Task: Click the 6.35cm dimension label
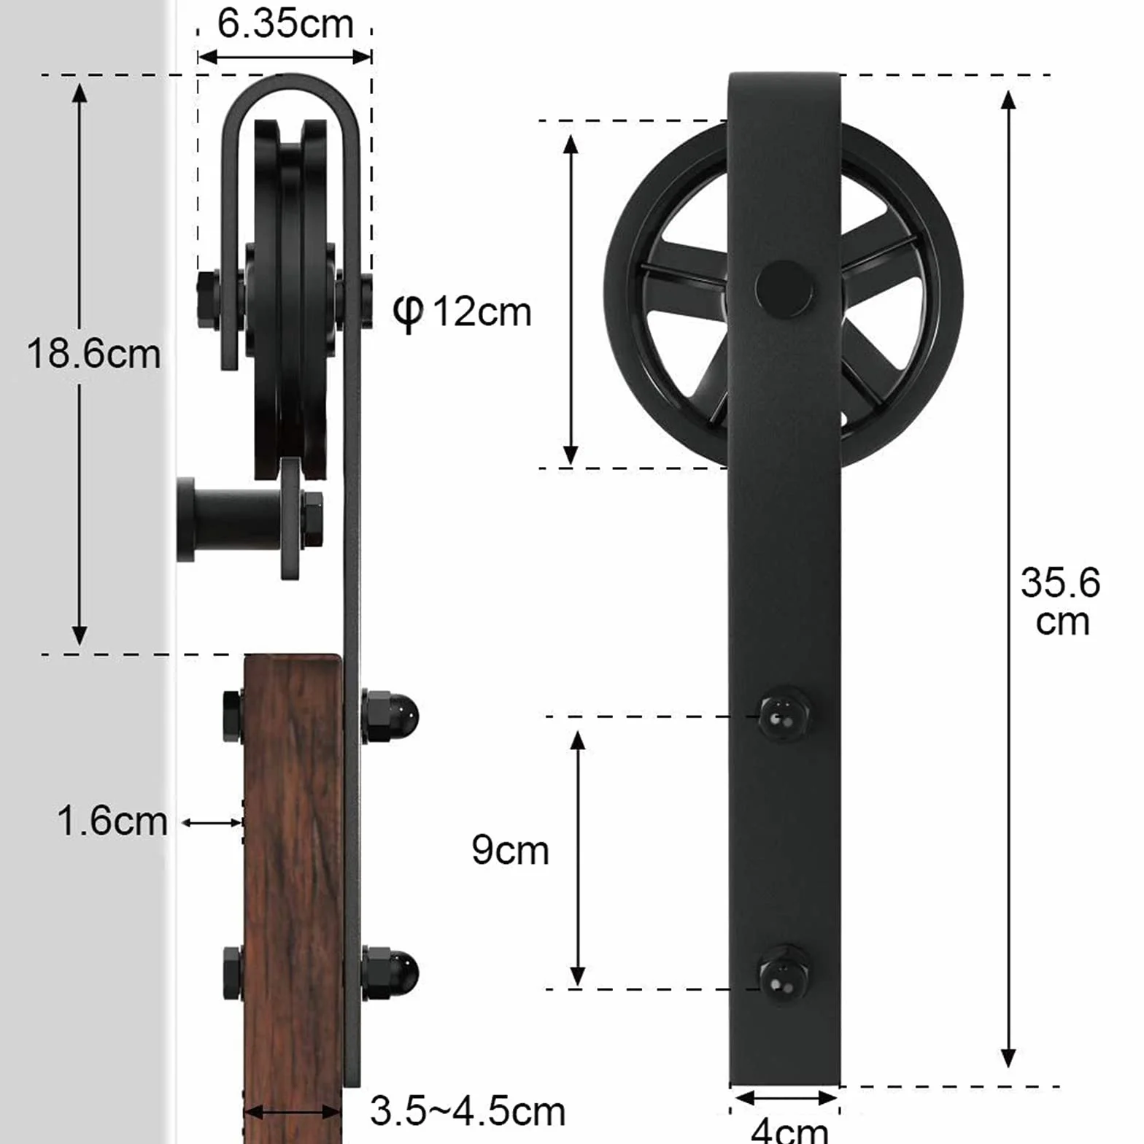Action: (x=285, y=24)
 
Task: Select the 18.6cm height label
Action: (x=93, y=354)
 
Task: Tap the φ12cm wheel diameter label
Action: (x=462, y=312)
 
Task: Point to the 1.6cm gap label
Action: (x=112, y=821)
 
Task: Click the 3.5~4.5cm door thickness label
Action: (x=468, y=1111)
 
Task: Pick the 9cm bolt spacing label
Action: (x=510, y=850)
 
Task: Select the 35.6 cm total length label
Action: (x=1061, y=602)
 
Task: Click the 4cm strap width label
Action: (x=789, y=1130)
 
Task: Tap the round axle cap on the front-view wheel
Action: (x=784, y=288)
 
